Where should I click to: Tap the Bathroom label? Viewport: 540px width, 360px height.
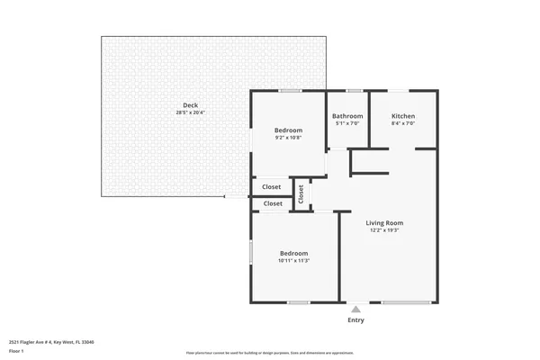click(x=347, y=116)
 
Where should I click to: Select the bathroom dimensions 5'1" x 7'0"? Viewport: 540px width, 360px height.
click(x=347, y=123)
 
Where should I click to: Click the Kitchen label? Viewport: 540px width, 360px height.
click(x=403, y=116)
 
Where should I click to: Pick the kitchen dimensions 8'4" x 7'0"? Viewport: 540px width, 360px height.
click(x=403, y=123)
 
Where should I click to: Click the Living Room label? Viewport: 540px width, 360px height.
click(x=383, y=222)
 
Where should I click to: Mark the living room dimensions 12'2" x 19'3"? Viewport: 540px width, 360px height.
click(x=383, y=230)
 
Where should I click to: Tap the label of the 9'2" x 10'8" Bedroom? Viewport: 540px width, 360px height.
click(x=288, y=130)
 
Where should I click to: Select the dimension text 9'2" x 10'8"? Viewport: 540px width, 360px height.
click(x=288, y=138)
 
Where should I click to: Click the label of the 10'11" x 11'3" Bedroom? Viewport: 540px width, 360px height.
click(x=293, y=253)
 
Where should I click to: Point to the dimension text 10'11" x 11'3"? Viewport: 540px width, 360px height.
click(x=293, y=260)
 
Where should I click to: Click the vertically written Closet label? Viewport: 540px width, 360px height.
click(x=301, y=193)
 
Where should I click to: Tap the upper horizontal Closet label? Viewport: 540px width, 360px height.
click(x=272, y=187)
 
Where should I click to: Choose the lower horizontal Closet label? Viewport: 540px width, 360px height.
click(x=272, y=203)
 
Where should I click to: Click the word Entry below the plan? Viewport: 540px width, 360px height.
click(x=355, y=320)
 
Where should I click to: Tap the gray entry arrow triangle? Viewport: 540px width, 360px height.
click(x=355, y=310)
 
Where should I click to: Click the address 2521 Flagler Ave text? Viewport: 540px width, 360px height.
click(x=51, y=342)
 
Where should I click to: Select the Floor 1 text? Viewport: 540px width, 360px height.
click(x=17, y=350)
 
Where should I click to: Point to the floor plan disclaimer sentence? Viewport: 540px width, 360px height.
click(x=270, y=354)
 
